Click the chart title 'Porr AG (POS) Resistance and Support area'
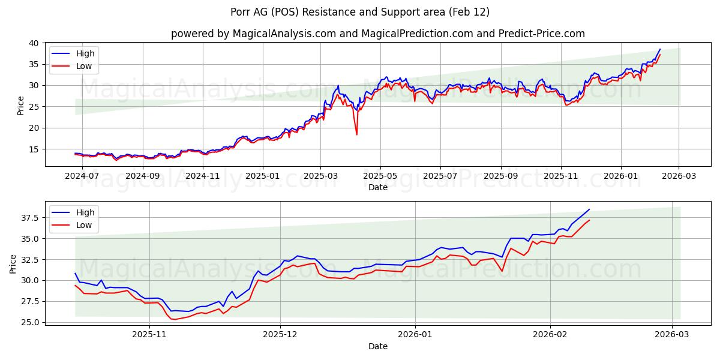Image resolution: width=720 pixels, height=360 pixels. point(360,12)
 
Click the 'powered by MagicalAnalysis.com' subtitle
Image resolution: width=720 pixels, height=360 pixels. point(378,34)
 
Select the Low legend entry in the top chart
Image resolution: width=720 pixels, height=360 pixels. point(83,66)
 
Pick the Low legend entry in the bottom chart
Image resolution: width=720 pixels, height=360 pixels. point(83,225)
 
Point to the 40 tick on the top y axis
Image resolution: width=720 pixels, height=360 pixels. point(34,43)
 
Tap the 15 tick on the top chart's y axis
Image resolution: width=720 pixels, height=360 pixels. point(34,149)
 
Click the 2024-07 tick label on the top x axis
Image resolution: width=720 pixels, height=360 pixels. point(82,176)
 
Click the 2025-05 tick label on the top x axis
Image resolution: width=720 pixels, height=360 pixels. point(380,176)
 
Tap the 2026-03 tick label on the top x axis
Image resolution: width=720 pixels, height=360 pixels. point(679,176)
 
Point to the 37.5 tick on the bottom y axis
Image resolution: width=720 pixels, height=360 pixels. point(31,217)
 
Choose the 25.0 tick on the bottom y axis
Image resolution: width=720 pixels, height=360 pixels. point(31,322)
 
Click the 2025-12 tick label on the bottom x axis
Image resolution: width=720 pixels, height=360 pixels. point(280,335)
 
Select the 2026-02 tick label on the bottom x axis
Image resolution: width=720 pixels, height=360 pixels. point(550,335)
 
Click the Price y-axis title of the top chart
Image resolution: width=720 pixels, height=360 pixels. point(21,105)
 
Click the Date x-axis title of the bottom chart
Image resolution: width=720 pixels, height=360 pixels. point(378,346)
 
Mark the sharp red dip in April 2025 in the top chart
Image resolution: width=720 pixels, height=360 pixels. point(356,134)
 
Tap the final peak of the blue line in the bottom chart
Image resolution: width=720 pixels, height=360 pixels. point(589,209)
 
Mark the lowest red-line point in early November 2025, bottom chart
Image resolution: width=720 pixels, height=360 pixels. point(174,319)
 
